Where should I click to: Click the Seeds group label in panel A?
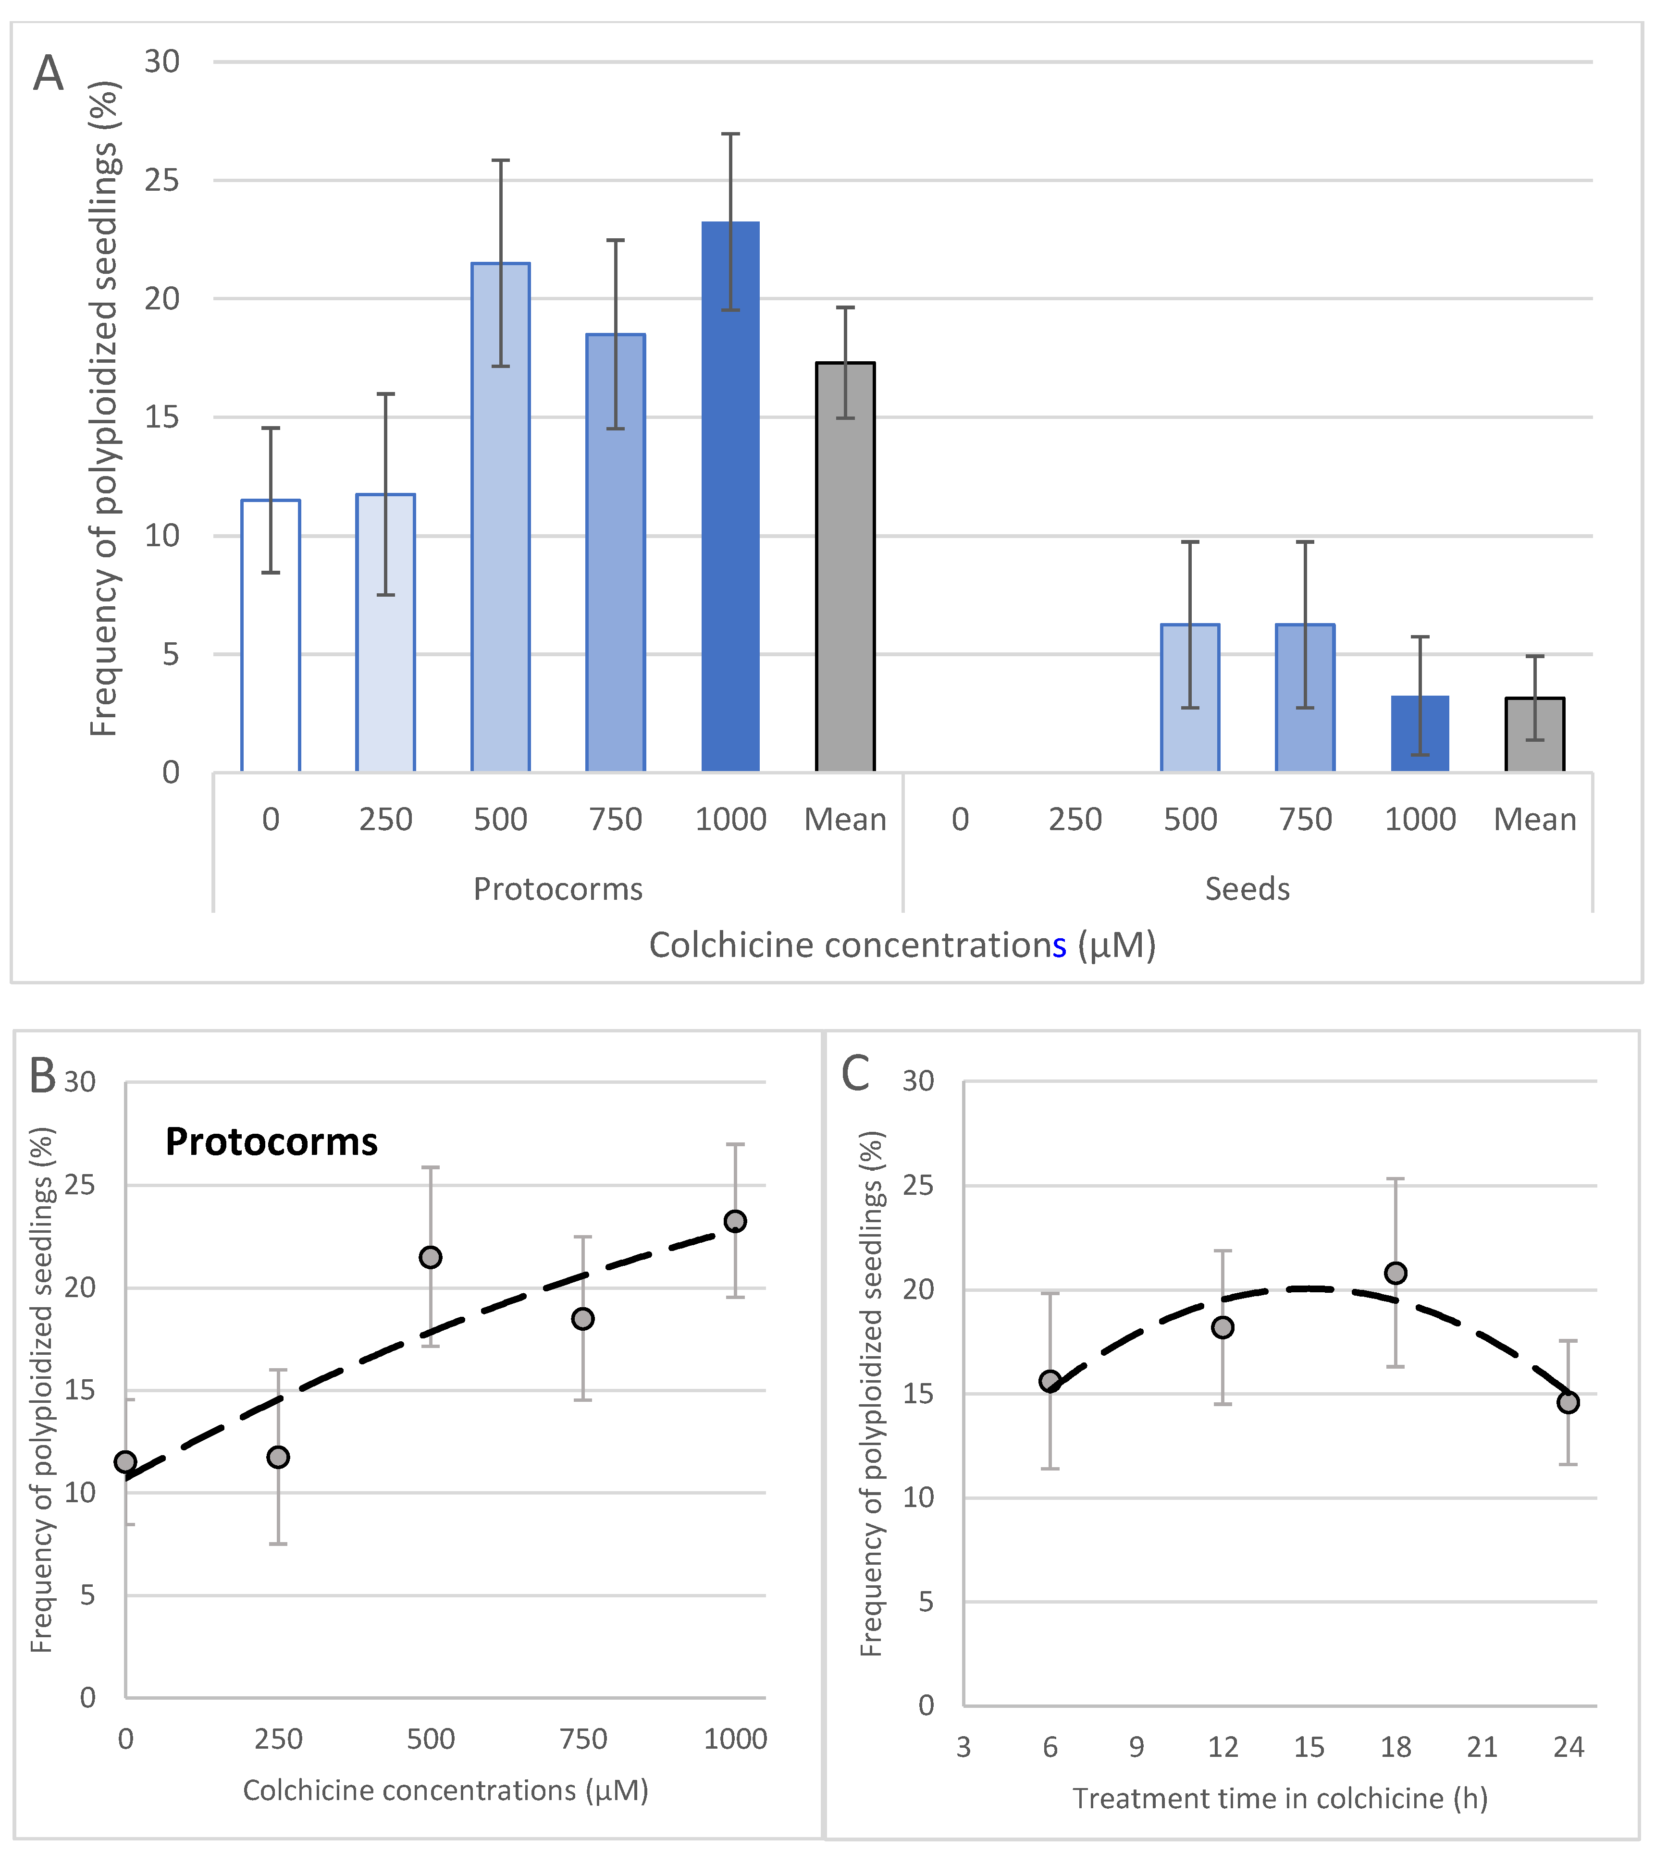(x=1247, y=888)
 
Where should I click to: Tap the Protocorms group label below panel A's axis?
(x=557, y=888)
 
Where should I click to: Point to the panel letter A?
(x=48, y=73)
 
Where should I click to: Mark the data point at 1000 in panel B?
(x=735, y=1221)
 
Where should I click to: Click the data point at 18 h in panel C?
(x=1395, y=1273)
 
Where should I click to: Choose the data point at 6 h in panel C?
(x=1050, y=1382)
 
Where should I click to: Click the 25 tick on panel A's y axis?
(x=162, y=180)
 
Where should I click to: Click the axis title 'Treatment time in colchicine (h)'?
(x=1279, y=1798)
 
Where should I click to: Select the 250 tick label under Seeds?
(x=1075, y=819)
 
